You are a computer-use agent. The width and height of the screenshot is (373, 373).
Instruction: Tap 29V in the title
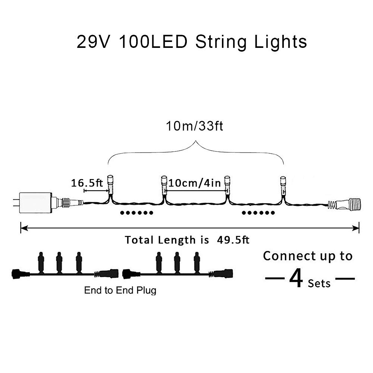[93, 42]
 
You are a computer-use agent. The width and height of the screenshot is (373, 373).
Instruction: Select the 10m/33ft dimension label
[195, 126]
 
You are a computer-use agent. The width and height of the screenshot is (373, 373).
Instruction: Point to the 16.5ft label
[87, 183]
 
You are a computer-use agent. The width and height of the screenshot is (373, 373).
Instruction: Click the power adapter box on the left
[35, 203]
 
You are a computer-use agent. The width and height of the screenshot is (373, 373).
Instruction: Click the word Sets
[319, 283]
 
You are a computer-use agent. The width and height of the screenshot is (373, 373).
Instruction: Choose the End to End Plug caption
[120, 290]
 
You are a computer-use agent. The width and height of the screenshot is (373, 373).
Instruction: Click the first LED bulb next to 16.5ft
[110, 183]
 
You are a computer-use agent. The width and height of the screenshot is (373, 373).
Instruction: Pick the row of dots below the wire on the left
[137, 213]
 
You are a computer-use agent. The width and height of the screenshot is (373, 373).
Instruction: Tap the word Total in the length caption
[140, 240]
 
